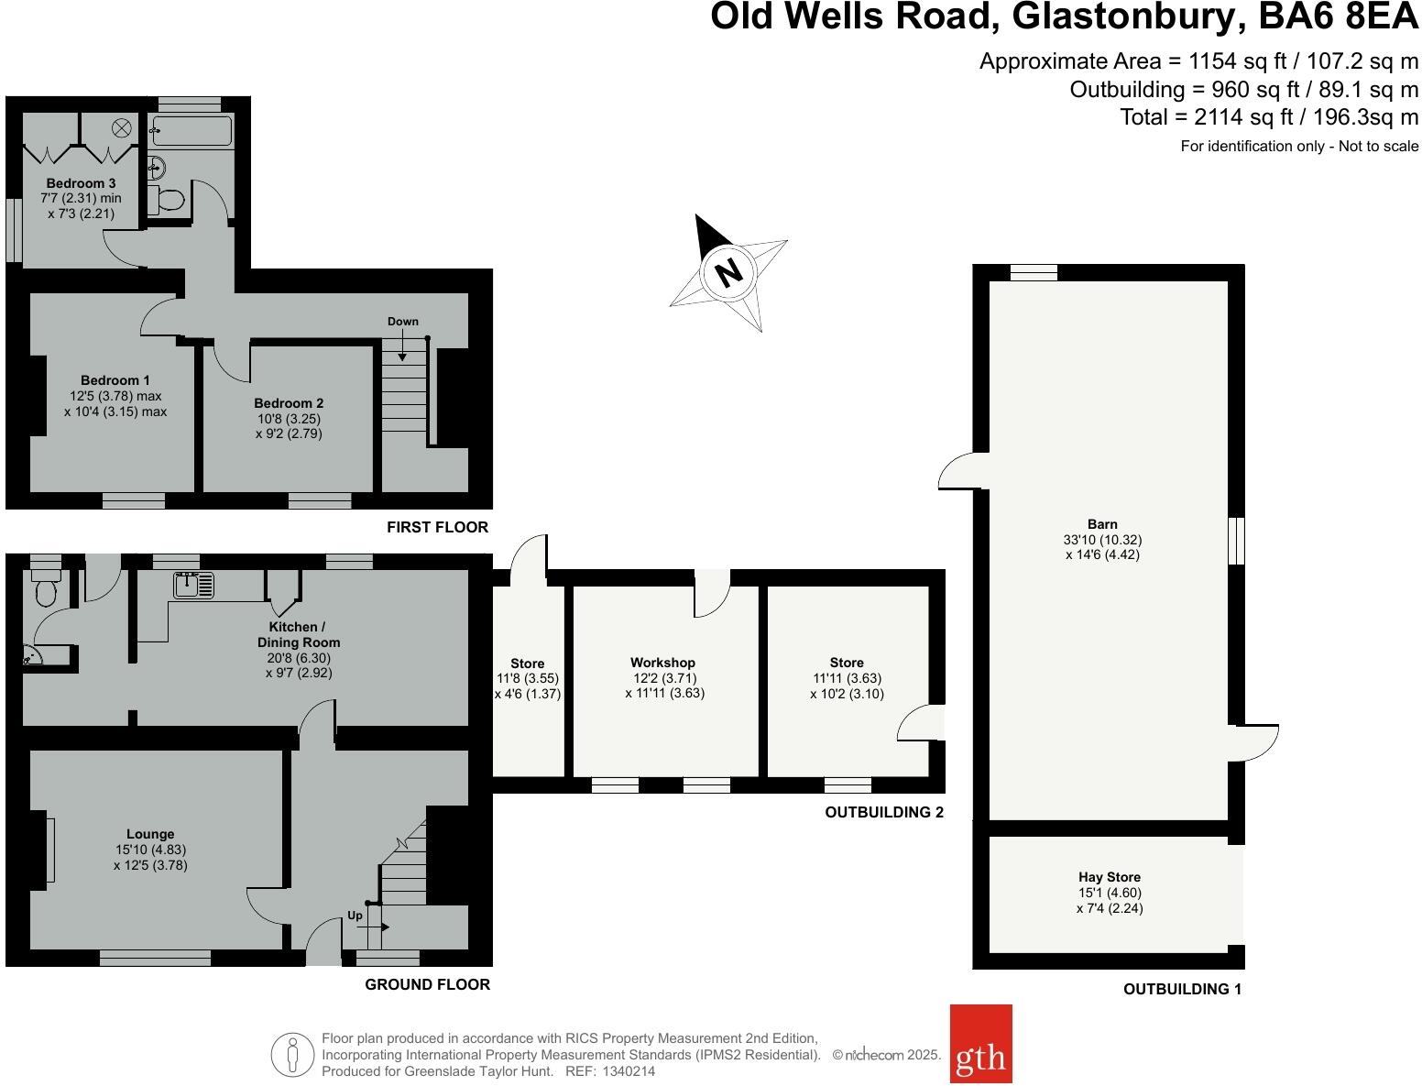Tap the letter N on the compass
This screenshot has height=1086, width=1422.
(x=728, y=272)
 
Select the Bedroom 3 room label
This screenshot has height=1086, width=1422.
(x=81, y=183)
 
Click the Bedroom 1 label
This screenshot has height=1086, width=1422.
(x=115, y=380)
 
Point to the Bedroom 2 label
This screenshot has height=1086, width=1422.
(x=289, y=403)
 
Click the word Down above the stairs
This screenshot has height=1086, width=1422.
(x=402, y=322)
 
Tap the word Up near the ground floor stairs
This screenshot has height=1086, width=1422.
(x=355, y=916)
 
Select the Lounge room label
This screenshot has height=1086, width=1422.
(x=150, y=834)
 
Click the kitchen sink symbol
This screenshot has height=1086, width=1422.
(x=192, y=584)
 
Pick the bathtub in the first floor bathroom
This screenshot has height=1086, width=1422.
(x=191, y=131)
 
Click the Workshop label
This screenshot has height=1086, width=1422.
(x=662, y=663)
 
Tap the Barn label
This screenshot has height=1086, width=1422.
(x=1102, y=524)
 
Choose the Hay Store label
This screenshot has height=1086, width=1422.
(x=1110, y=877)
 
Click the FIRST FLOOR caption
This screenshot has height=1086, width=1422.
(x=437, y=527)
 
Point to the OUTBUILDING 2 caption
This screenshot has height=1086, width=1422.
(x=884, y=812)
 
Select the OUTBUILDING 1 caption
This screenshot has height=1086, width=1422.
(x=1182, y=989)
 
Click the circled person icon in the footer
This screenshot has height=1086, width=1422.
(x=292, y=1054)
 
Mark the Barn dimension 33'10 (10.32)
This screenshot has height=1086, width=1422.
(x=1102, y=540)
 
